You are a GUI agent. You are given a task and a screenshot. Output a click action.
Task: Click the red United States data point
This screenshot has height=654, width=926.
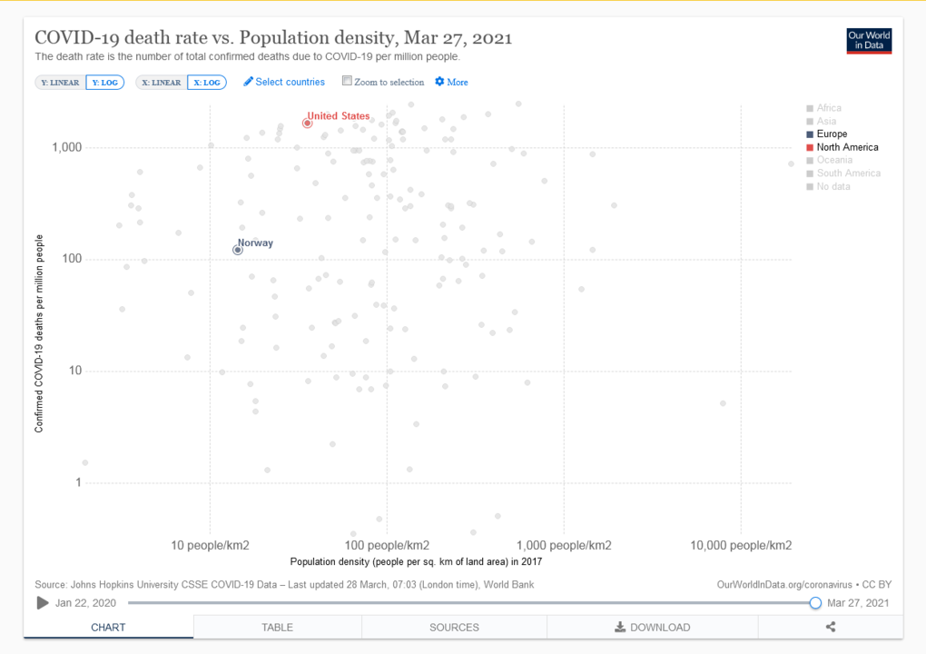point(308,123)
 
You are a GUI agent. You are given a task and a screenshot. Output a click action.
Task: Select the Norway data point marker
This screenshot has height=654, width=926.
point(238,250)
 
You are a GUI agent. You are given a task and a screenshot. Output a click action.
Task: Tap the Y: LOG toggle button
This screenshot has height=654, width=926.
point(104,83)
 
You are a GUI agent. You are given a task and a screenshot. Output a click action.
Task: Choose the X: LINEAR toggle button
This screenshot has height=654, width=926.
point(162,83)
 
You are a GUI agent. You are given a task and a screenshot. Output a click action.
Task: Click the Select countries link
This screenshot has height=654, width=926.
point(284,82)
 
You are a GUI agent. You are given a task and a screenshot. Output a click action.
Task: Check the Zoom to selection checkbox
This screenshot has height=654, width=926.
point(347,81)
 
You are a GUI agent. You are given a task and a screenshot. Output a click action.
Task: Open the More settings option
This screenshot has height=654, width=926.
point(451,82)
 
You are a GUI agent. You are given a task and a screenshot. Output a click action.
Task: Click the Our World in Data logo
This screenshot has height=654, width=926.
point(869,41)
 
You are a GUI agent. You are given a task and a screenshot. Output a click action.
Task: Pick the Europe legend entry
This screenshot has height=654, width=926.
point(832,134)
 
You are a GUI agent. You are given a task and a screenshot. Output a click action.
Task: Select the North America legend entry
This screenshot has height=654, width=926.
point(846,147)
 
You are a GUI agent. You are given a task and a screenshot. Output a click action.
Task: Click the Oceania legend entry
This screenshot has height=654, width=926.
point(833,160)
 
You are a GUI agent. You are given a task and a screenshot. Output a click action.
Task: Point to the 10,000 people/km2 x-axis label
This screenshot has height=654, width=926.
point(741,545)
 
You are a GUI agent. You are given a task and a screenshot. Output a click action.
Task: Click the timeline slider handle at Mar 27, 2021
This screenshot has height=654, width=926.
point(815,603)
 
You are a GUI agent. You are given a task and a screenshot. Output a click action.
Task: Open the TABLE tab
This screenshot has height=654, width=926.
point(277,627)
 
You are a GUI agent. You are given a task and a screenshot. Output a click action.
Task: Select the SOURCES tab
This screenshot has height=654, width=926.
point(454,627)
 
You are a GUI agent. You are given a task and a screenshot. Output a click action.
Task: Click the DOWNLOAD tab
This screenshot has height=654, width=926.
point(652,627)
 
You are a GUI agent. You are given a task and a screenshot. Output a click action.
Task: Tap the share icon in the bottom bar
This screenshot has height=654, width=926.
point(831,627)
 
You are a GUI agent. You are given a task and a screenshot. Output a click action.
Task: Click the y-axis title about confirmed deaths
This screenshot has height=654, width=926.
point(39,332)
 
